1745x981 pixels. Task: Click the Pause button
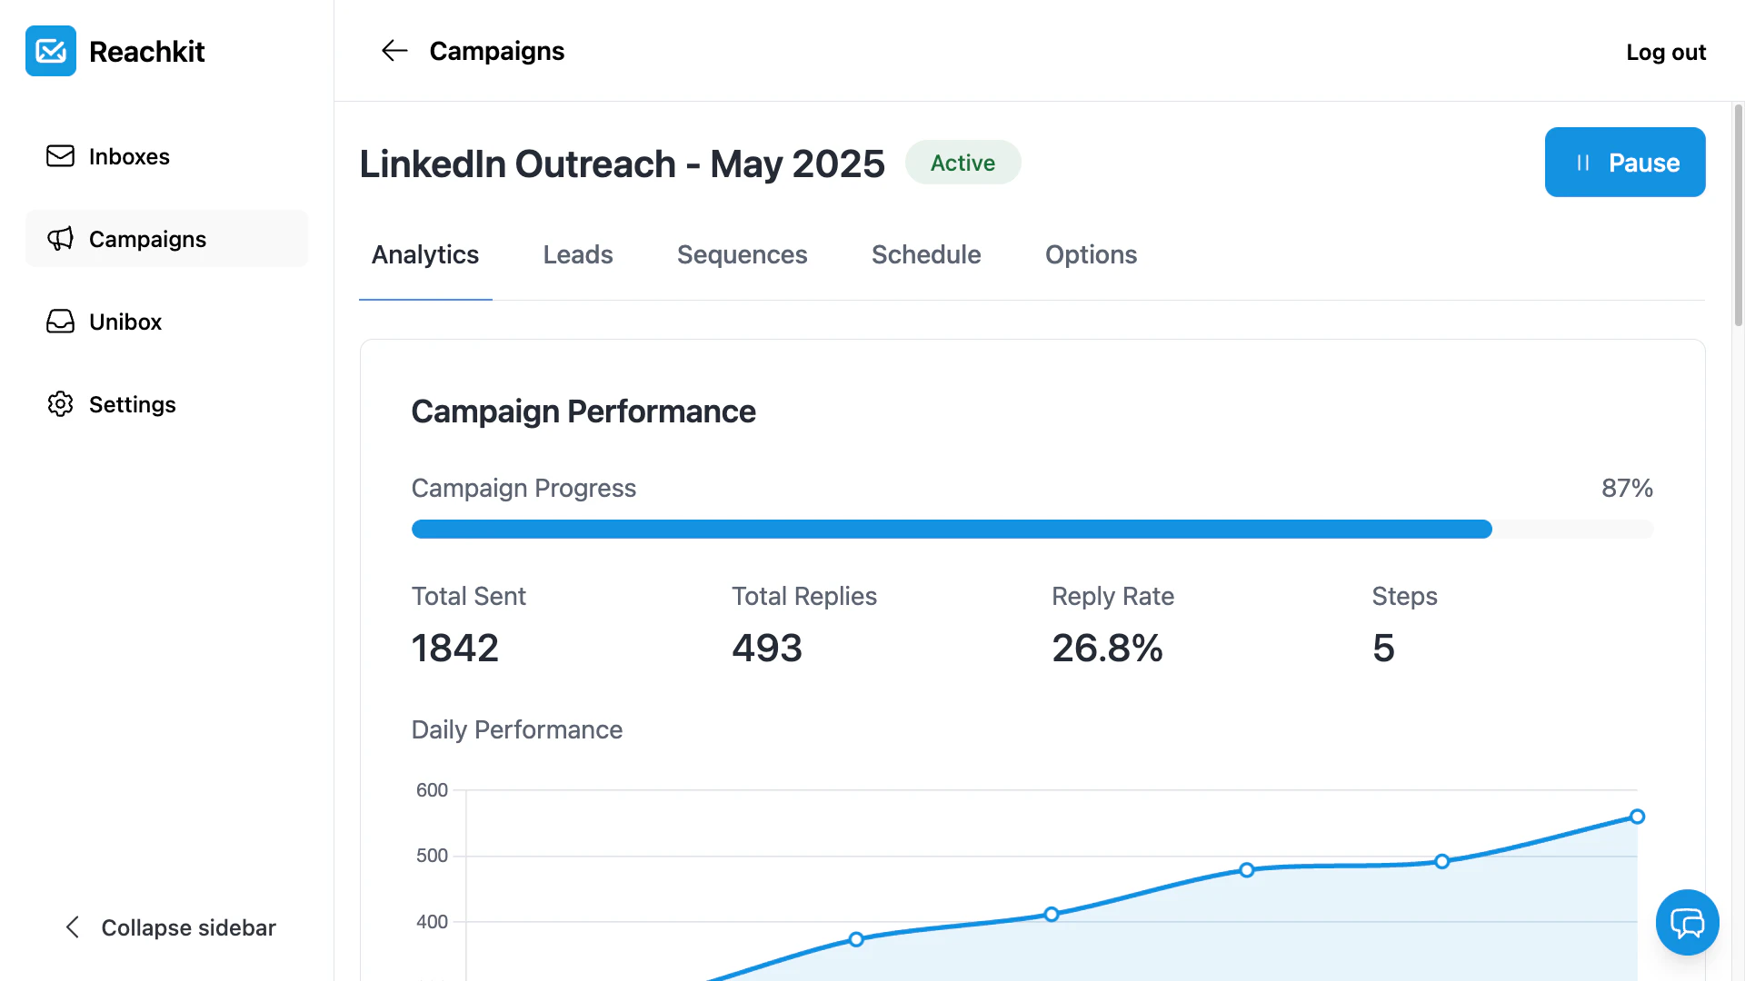[1625, 163]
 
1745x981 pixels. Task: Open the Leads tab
[578, 254]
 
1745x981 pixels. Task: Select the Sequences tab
[742, 254]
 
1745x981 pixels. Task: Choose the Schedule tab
[926, 254]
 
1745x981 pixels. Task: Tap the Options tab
[1091, 254]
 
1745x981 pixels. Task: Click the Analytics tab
[425, 254]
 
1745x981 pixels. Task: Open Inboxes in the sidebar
[129, 156]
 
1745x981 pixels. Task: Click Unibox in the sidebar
[125, 322]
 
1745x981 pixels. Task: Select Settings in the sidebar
[133, 404]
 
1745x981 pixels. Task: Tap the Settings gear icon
[60, 404]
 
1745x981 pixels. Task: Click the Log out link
[1666, 52]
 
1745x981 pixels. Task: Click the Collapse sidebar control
[172, 927]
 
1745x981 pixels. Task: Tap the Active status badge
[962, 163]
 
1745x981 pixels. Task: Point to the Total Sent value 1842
[455, 648]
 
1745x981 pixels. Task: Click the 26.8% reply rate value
[1107, 648]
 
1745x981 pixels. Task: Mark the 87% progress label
[1627, 488]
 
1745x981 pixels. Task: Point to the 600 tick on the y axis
[432, 790]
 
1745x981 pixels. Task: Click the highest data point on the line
[1637, 817]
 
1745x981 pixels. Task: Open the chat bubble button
[1687, 923]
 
